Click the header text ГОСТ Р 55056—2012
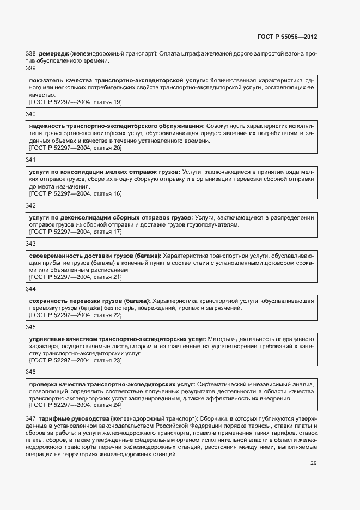(287, 37)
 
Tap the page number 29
(313, 463)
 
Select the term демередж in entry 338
(53, 53)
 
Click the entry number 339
(30, 68)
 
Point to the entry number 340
(30, 114)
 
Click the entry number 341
(30, 160)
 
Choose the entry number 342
(30, 205)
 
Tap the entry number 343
(30, 244)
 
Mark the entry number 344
(30, 289)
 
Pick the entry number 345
(30, 327)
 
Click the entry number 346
(30, 372)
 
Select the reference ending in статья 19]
(75, 102)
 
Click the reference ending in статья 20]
(75, 148)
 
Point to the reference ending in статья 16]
(75, 194)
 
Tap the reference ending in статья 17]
(75, 232)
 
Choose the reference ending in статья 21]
(75, 277)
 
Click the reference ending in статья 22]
(75, 315)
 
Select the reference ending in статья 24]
(75, 406)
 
